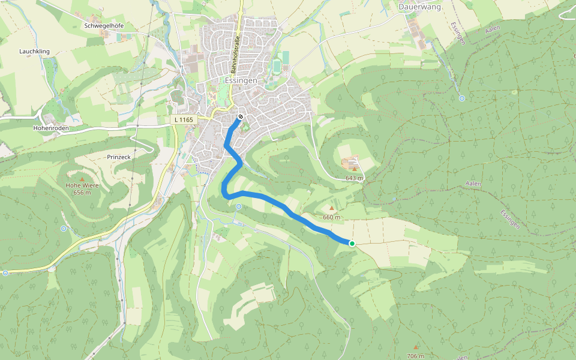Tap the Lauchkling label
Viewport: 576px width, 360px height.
point(34,52)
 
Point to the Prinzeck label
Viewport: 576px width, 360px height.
point(118,157)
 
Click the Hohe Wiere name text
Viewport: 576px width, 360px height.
point(82,185)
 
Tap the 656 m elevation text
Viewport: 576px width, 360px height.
point(82,193)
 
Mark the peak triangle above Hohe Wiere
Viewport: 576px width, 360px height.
point(82,178)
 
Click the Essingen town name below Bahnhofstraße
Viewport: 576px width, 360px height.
point(242,80)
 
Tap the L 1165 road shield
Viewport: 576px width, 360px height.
point(183,120)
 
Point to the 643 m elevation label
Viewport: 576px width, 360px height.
point(355,178)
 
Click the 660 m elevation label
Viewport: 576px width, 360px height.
point(331,217)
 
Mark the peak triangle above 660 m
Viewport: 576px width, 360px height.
point(331,208)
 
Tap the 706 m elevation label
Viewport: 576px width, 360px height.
point(415,356)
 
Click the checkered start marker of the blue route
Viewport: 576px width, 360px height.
point(240,117)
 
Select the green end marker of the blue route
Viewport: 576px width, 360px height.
point(352,243)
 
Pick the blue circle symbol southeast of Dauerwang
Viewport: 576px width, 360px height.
point(461,98)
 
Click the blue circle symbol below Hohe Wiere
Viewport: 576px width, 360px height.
point(64,229)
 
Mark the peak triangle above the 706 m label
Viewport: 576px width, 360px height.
point(415,347)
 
